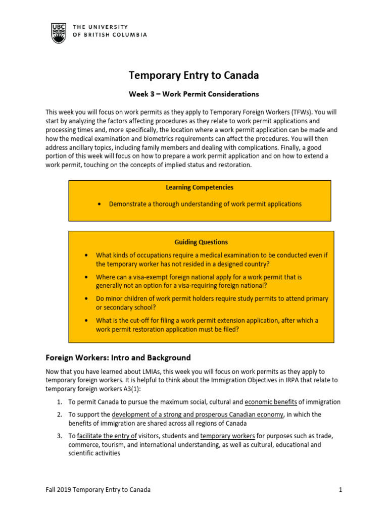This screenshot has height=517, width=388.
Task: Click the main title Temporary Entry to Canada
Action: pyautogui.click(x=194, y=75)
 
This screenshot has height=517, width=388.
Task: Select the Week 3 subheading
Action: pyautogui.click(x=194, y=94)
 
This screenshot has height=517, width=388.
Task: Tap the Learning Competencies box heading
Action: pyautogui.click(x=200, y=187)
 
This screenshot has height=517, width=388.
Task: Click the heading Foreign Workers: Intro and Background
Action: pyautogui.click(x=118, y=357)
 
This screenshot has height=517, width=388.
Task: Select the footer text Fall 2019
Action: pyautogui.click(x=58, y=490)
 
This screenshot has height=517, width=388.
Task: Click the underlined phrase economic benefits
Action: pyautogui.click(x=271, y=402)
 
